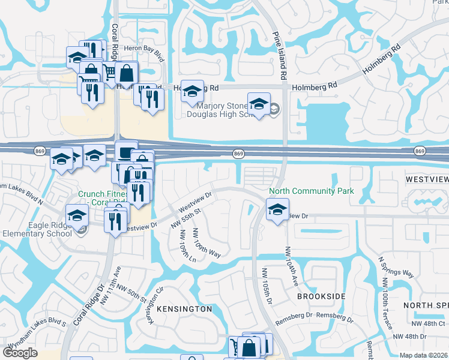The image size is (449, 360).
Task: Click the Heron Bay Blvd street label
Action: tap(143, 52)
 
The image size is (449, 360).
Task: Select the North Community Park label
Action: tap(312, 191)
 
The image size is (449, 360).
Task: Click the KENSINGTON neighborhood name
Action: tap(184, 309)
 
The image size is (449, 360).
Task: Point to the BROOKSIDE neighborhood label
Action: tap(321, 296)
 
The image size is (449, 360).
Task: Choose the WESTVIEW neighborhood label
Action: tap(426, 179)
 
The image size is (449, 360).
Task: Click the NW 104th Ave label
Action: tap(291, 265)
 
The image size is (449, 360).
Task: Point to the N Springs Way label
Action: tap(396, 266)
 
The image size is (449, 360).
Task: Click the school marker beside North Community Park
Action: tap(277, 211)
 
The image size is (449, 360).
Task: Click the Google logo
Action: tap(20, 352)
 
